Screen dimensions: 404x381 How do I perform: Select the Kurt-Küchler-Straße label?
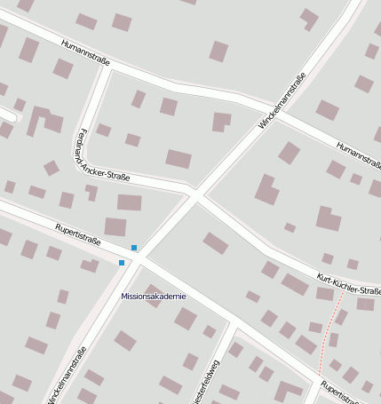coord(349,284)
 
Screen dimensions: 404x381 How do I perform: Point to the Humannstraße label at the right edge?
coord(359,156)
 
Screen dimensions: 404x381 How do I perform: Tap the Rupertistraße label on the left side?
coord(78,234)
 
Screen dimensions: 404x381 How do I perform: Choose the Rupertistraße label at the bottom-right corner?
coord(348,392)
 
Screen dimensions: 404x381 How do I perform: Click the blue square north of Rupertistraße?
coord(134,247)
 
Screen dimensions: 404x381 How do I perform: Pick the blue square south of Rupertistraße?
coord(122,263)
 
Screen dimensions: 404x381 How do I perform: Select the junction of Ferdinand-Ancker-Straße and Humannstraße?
coord(109,66)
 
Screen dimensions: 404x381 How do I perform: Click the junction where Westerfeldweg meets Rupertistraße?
coord(234,321)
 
